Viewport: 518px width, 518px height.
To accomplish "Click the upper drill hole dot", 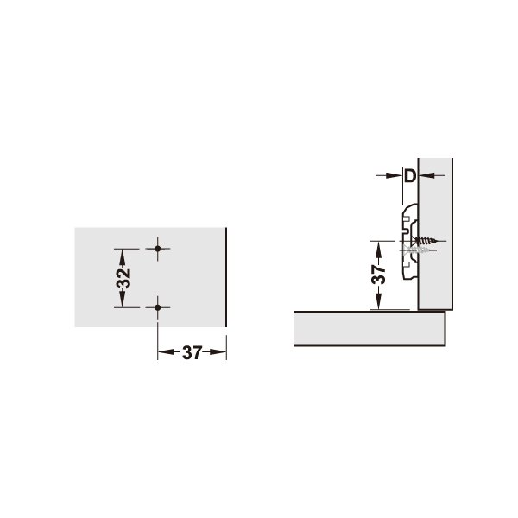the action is click(158, 249).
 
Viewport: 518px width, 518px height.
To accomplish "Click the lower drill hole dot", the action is click(158, 307).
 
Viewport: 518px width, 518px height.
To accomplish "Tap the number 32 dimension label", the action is click(123, 278).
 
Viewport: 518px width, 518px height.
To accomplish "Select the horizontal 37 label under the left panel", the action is click(192, 352).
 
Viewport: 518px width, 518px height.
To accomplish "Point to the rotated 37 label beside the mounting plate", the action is click(379, 275).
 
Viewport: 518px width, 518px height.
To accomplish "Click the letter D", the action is click(410, 176).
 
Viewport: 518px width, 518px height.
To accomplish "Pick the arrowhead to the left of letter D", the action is click(395, 175).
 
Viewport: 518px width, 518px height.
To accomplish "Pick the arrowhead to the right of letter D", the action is click(426, 175).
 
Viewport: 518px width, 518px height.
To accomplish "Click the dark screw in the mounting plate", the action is click(426, 241).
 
